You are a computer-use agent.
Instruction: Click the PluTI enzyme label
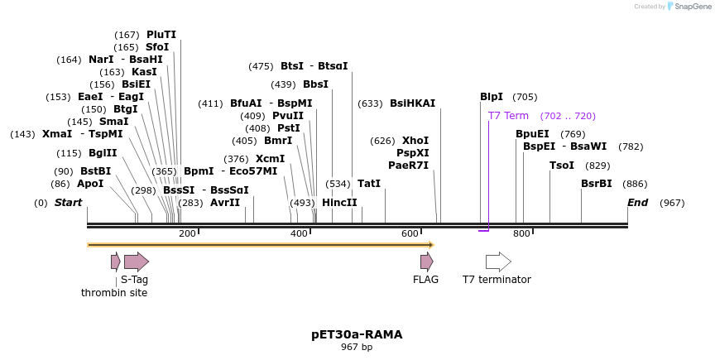coord(161,35)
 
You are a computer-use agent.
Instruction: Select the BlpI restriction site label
coord(492,97)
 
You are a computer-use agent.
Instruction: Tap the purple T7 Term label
coord(508,116)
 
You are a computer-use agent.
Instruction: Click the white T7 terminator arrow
coord(498,262)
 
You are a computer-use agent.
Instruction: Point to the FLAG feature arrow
coord(426,262)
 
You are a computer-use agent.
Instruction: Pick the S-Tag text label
coord(134,280)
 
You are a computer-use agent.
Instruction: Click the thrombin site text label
coord(114,293)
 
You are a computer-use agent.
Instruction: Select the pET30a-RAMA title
coord(357,334)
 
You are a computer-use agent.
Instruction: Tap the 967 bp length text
coord(357,348)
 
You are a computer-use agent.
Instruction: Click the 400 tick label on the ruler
coord(299,233)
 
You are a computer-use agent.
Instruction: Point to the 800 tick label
coord(521,233)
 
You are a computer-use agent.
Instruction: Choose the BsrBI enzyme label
coord(597,184)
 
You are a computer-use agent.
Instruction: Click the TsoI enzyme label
coord(562,166)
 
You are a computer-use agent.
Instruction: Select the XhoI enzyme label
coord(415,141)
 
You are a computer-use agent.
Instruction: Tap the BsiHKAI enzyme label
coord(412,103)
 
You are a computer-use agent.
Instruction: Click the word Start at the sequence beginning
coord(69,203)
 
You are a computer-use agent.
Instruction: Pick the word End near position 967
coord(637,203)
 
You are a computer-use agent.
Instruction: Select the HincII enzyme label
coord(339,203)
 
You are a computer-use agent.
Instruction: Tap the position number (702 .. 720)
coord(568,116)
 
